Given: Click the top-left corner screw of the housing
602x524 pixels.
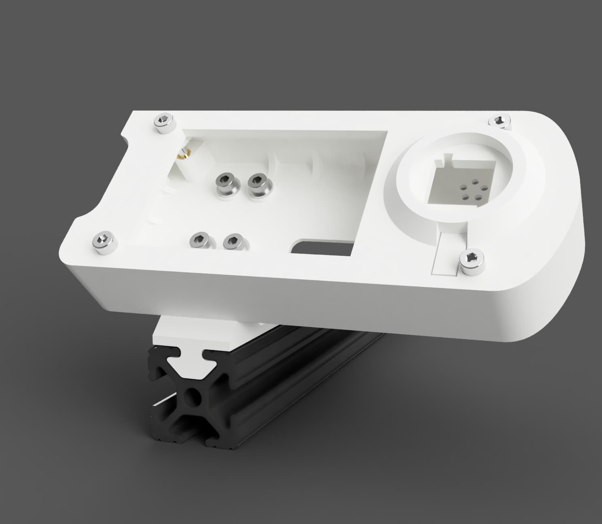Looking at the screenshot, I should (x=164, y=122).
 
